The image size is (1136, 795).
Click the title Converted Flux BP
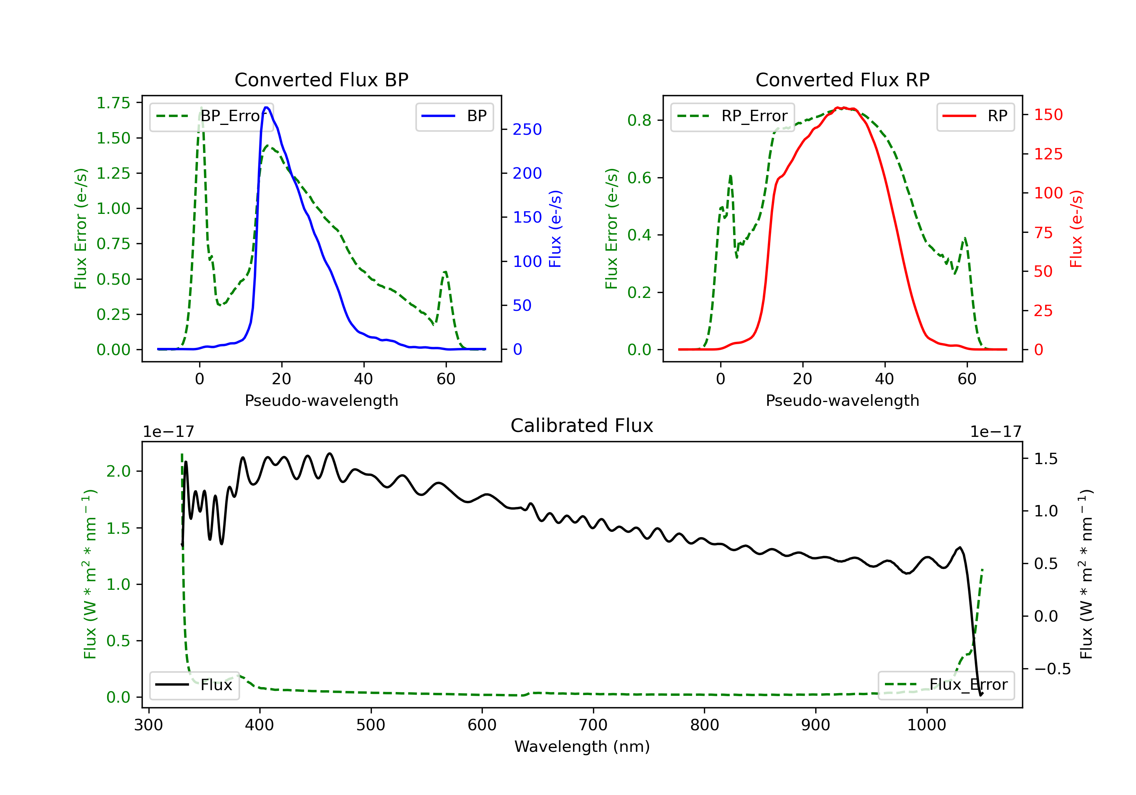coord(321,79)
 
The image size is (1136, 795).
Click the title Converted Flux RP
coord(842,79)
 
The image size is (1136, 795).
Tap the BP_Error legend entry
coord(211,116)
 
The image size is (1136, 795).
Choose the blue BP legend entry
coord(454,116)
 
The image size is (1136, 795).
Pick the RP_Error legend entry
coord(732,116)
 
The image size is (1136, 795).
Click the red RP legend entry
coord(975,116)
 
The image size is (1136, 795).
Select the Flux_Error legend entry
coord(946,685)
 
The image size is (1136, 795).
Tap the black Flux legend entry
coord(193,685)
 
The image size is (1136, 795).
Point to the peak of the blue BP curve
coord(266,108)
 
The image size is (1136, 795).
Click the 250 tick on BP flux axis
coord(527,129)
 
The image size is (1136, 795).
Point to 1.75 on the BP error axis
coord(113,103)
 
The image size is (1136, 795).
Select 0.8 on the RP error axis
coord(639,120)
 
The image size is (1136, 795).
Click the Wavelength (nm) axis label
coord(582,747)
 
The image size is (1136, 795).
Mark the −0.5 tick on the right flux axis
coord(1052,669)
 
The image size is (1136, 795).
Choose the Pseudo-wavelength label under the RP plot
coord(842,400)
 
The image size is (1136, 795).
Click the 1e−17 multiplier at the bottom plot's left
coord(168,432)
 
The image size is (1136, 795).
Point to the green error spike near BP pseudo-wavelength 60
coord(445,272)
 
